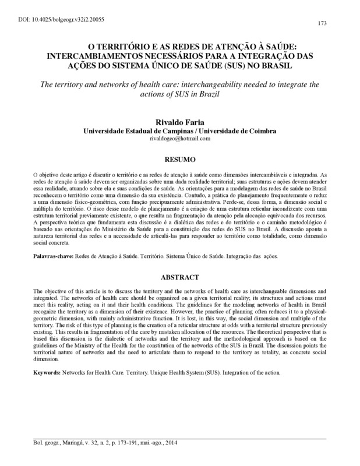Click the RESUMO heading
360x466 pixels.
(179, 158)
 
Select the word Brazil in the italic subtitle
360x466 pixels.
(214, 93)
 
